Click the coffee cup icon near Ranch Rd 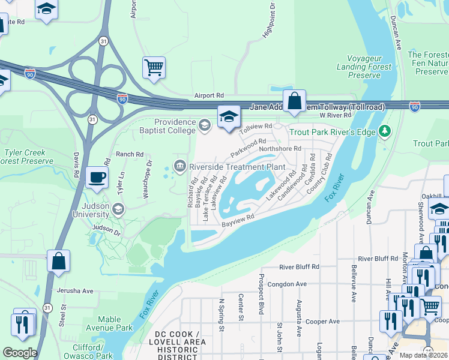click(x=96, y=177)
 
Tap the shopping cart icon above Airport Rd click(x=154, y=67)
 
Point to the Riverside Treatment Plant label click(x=236, y=166)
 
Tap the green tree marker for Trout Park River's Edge click(x=385, y=131)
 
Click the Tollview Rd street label click(x=256, y=129)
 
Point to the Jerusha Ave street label click(x=75, y=291)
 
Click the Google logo click(x=20, y=353)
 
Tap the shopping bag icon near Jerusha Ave click(x=58, y=262)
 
